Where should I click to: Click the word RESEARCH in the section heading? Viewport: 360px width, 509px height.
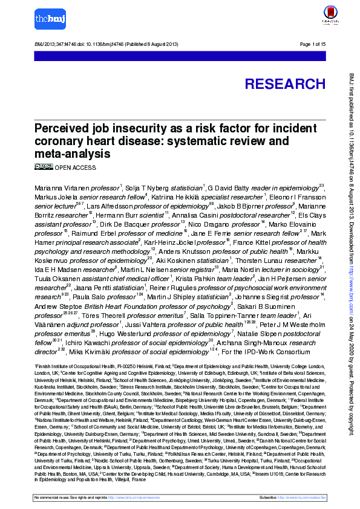tap(284, 84)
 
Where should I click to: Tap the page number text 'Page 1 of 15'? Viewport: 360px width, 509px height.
tap(313, 45)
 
